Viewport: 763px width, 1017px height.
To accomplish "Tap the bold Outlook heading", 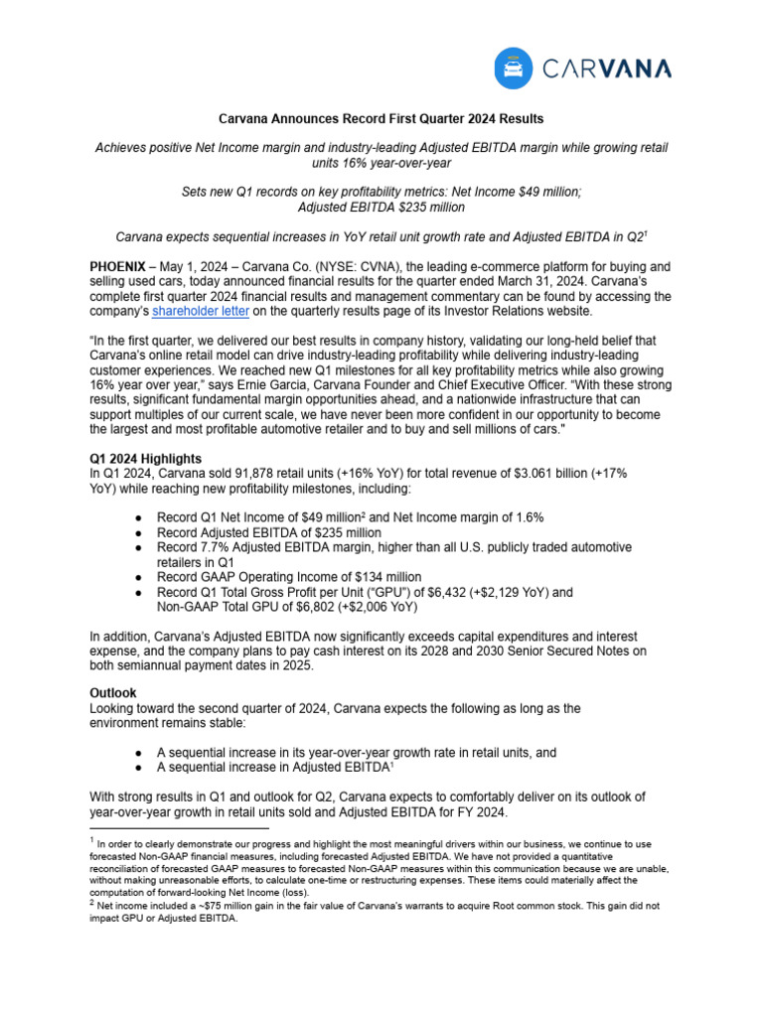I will [x=113, y=693].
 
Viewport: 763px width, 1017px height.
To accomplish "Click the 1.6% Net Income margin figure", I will [x=526, y=517].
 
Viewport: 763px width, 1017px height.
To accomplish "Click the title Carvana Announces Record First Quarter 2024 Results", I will [x=381, y=118].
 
